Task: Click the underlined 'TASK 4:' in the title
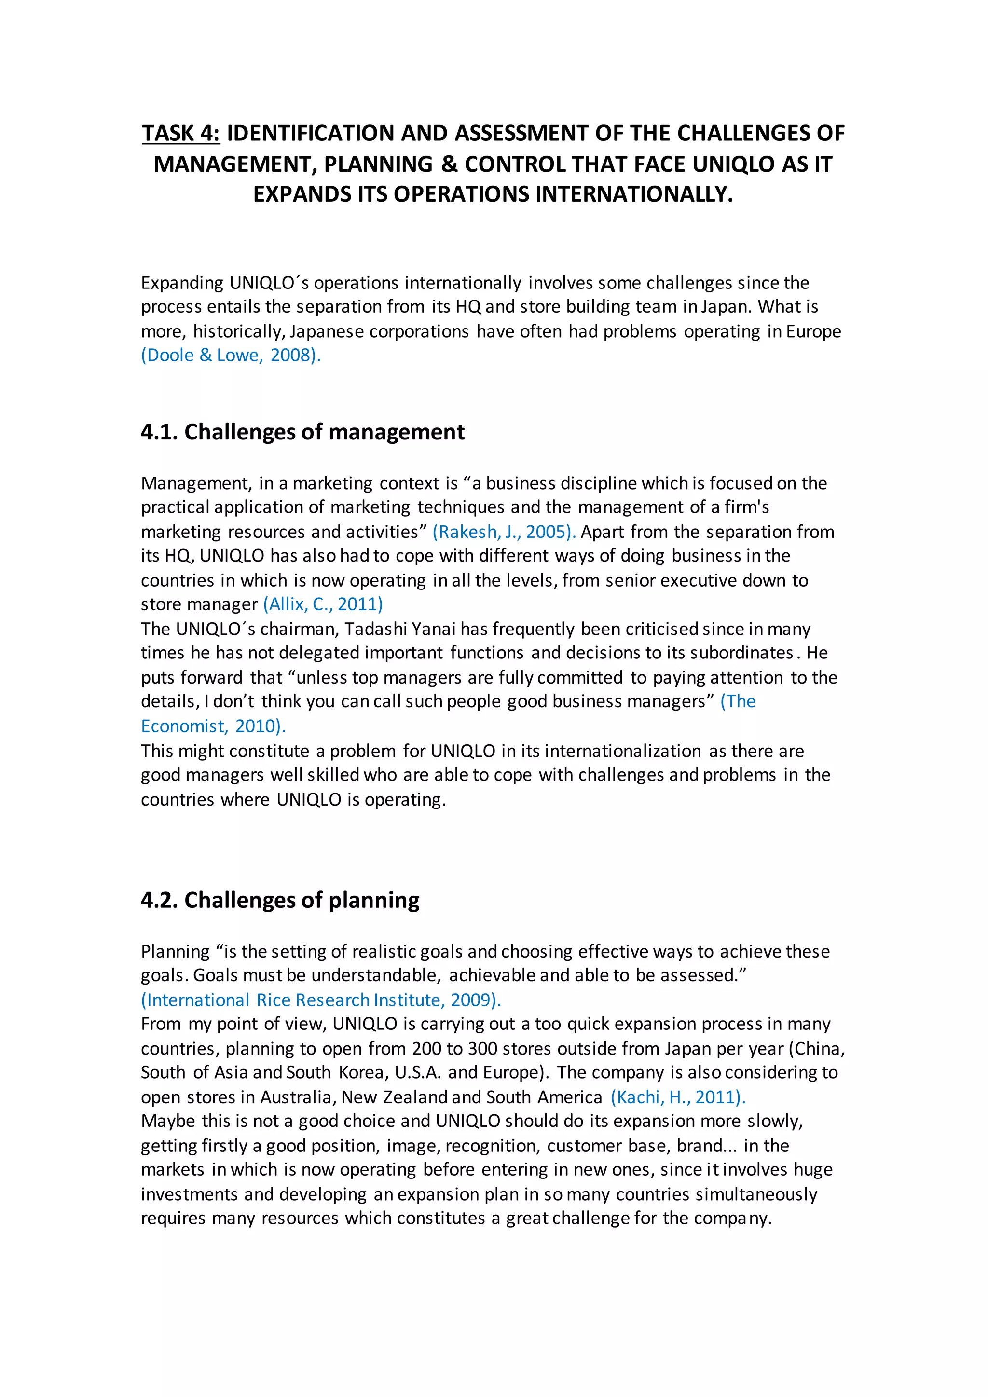(x=181, y=133)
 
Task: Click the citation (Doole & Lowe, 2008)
(x=231, y=356)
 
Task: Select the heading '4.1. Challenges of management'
(x=302, y=432)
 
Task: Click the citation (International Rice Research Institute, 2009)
(x=321, y=1000)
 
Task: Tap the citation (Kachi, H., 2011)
(x=678, y=1097)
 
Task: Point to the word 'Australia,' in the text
(x=298, y=1097)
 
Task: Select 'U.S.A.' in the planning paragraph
(x=417, y=1073)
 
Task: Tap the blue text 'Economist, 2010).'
(x=213, y=726)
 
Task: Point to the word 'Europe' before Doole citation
(x=813, y=331)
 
